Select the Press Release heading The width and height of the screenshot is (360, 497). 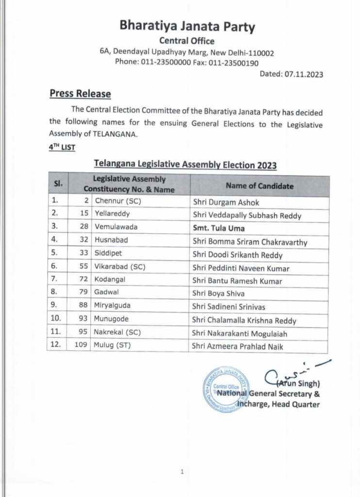tap(80, 94)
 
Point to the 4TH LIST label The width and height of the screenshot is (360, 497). tap(62, 147)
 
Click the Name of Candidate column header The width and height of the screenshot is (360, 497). tap(260, 186)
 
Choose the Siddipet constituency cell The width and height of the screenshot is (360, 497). tap(109, 253)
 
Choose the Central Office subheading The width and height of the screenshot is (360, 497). tap(187, 41)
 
